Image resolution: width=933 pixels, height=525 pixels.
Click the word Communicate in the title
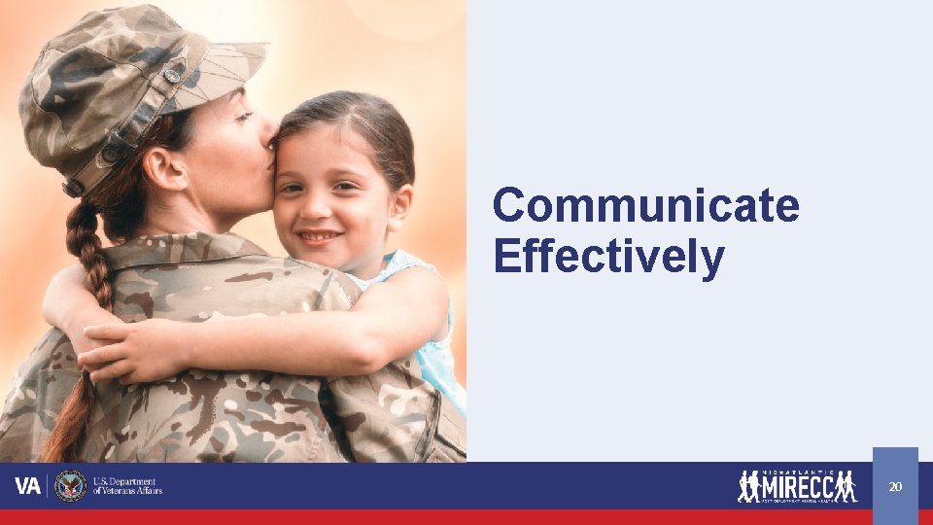tap(645, 206)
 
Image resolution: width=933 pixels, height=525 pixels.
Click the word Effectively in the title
tap(608, 257)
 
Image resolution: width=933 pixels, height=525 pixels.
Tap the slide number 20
tap(895, 486)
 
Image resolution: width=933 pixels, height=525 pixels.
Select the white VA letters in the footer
tap(27, 486)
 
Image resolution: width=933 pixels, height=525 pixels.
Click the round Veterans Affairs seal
tap(71, 486)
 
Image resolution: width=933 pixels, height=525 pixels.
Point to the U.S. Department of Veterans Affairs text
tap(127, 486)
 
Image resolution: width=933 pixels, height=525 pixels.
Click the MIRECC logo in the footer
tap(797, 485)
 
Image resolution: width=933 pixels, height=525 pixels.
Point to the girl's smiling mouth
tap(320, 236)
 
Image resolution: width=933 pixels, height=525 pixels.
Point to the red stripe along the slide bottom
tap(466, 517)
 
